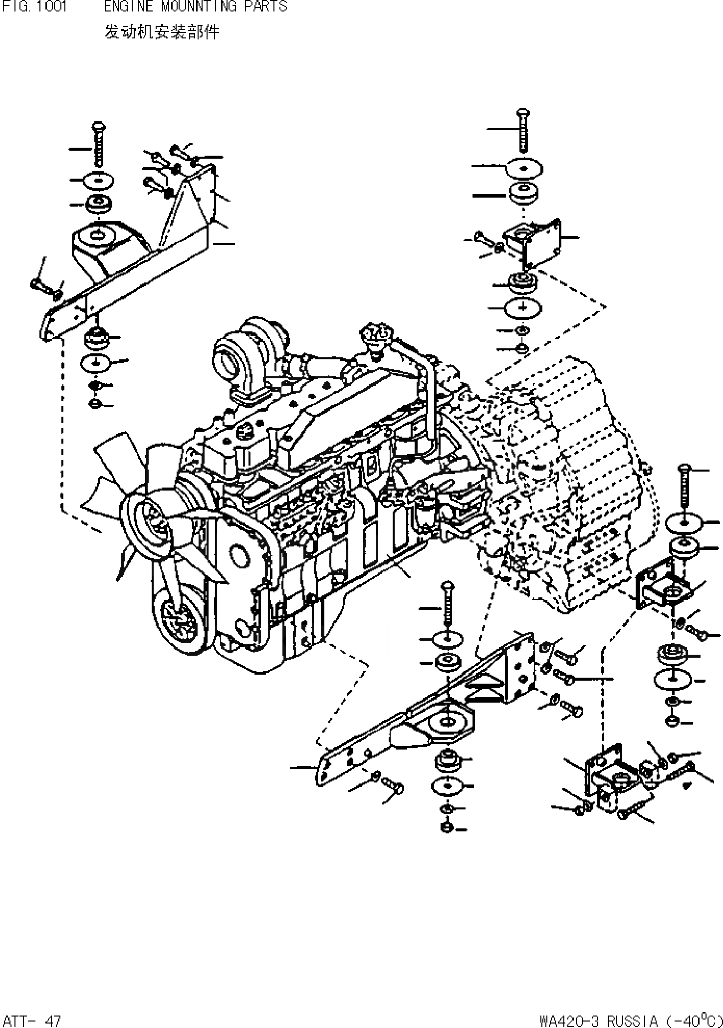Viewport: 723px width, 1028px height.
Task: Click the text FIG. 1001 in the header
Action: [34, 6]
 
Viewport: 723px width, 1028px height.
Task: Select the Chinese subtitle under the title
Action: [161, 32]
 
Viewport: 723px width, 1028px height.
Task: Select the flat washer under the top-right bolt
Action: [522, 169]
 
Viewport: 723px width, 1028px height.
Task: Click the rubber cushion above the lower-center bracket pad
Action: [448, 663]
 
